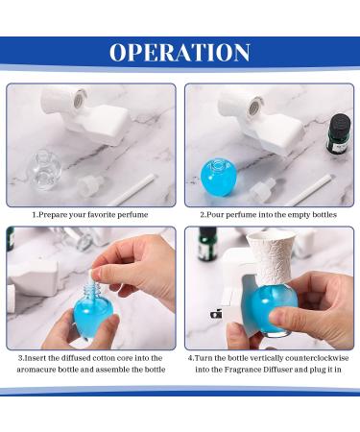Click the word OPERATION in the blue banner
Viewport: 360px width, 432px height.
click(x=180, y=52)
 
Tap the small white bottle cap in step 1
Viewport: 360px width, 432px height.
click(x=89, y=185)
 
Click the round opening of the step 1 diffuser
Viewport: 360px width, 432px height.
click(x=79, y=100)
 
